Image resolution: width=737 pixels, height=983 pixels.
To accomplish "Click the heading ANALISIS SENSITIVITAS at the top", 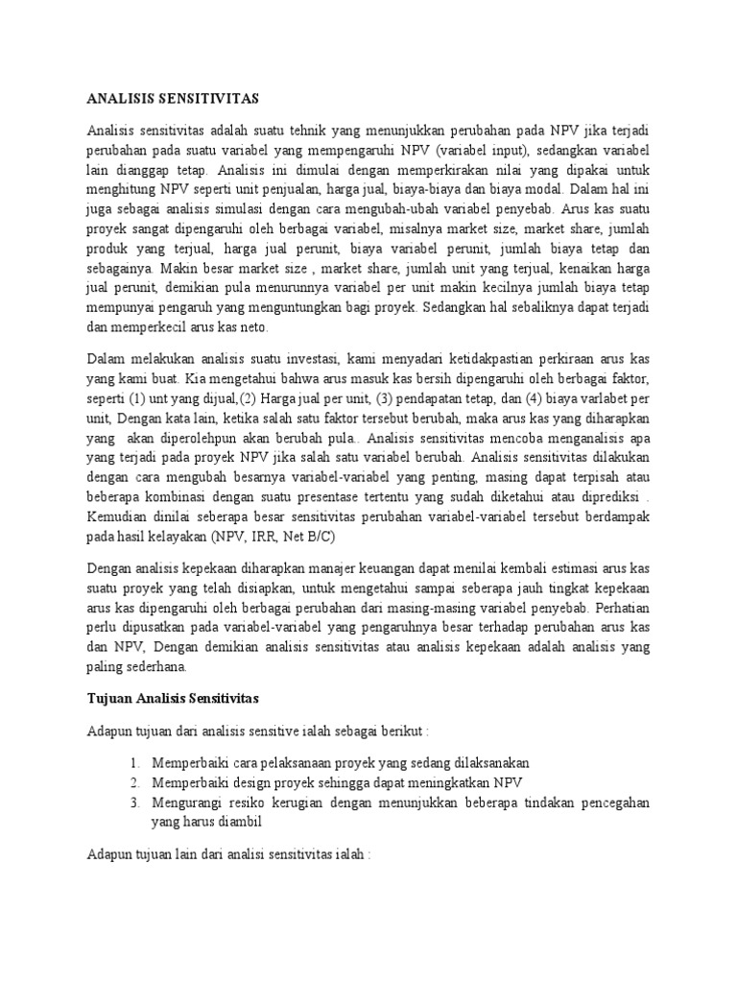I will pyautogui.click(x=173, y=97).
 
